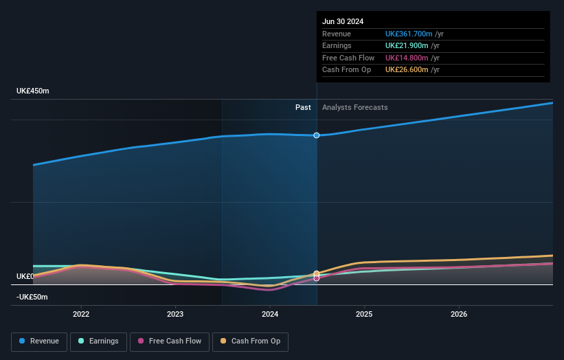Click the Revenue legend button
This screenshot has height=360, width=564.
tap(39, 341)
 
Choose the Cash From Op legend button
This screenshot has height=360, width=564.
tap(250, 341)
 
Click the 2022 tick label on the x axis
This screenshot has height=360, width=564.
tap(81, 314)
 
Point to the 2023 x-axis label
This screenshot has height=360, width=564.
tap(175, 314)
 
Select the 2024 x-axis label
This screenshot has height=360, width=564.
tap(270, 314)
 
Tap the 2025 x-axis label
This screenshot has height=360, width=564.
tap(364, 314)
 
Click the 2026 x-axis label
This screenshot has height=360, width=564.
tap(459, 314)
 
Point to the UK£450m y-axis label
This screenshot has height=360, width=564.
tap(33, 91)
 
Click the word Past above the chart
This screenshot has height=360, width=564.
tap(303, 107)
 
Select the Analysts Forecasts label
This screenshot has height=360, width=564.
tap(354, 107)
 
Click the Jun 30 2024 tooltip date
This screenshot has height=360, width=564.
tap(343, 21)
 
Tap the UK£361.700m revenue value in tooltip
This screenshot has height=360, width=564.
tap(409, 34)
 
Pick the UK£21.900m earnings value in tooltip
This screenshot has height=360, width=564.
tap(406, 46)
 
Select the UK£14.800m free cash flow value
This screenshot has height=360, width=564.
tap(406, 58)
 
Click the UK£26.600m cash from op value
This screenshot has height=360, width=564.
tap(406, 69)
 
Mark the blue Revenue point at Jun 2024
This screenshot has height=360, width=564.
tap(317, 135)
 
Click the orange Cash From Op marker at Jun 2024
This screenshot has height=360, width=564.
tap(317, 273)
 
